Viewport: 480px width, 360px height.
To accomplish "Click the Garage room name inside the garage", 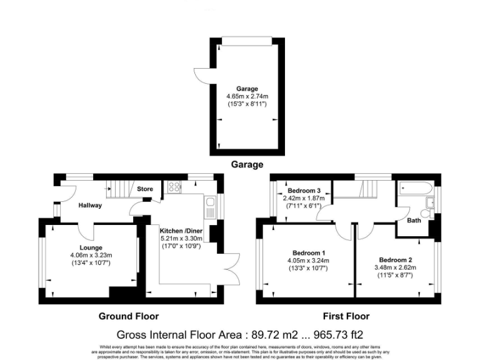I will [x=246, y=89].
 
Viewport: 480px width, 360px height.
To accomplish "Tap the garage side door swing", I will [x=201, y=76].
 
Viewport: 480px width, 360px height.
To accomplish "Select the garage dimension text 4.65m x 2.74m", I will [x=247, y=97].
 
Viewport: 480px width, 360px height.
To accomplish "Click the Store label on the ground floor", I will [x=145, y=189].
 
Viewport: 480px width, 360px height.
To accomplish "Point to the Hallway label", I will [x=90, y=205].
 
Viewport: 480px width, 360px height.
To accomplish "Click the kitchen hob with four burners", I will [x=173, y=186].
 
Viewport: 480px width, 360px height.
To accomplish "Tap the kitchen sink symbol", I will [x=210, y=204].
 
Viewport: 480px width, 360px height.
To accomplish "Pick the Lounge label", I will [x=90, y=247].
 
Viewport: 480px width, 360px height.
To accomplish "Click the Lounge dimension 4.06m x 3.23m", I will [x=91, y=255].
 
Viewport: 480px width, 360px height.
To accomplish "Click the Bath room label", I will [x=413, y=220].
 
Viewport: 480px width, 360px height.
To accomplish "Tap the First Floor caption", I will [x=346, y=316].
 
